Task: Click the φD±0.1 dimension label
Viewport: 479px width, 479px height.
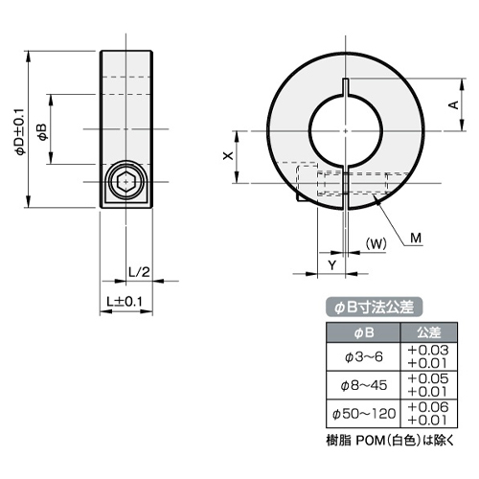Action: click(20, 131)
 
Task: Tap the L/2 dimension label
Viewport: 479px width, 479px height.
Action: click(139, 272)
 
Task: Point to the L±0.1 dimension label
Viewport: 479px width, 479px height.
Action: click(125, 301)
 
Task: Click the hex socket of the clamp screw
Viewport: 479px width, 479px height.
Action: click(126, 182)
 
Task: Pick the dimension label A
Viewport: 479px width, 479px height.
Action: click(453, 104)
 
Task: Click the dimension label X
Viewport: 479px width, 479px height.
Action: click(228, 156)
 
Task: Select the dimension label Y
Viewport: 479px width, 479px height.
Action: click(332, 265)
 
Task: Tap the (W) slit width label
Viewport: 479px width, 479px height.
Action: click(376, 244)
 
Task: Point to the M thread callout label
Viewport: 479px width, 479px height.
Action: click(416, 239)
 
